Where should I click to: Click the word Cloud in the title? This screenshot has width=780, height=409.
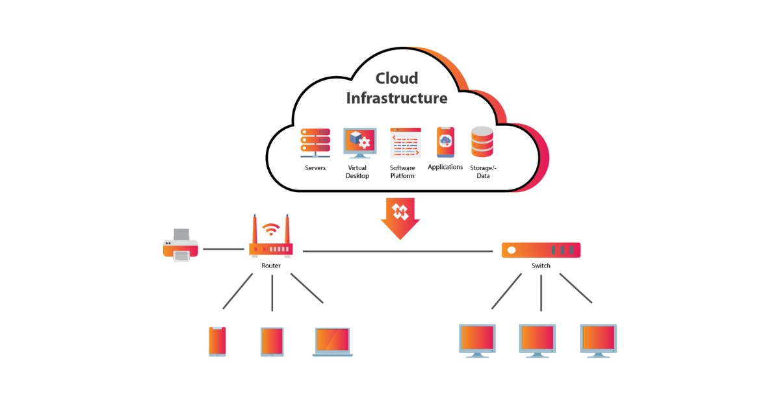[x=396, y=78]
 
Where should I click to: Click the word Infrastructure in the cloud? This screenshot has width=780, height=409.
[x=396, y=99]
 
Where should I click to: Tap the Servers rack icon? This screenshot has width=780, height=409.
[x=315, y=143]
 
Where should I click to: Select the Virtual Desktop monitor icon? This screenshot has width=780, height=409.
[x=359, y=143]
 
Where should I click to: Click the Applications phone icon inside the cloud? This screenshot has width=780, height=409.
[x=445, y=142]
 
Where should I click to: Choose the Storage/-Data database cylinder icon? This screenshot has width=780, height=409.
[x=482, y=142]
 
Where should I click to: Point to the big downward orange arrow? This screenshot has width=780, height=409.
[x=400, y=217]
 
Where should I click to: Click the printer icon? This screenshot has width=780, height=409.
[x=180, y=245]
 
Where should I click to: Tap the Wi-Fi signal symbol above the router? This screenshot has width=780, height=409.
[x=271, y=229]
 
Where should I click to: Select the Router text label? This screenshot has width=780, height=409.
[x=271, y=266]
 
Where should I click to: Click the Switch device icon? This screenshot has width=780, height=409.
[x=541, y=250]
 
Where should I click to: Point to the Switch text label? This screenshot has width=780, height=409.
[x=541, y=266]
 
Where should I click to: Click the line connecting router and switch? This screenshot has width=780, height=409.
[x=396, y=251]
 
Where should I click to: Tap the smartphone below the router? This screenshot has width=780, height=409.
[x=217, y=341]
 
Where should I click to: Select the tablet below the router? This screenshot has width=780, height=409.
[x=272, y=341]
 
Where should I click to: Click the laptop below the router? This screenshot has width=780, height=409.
[x=333, y=341]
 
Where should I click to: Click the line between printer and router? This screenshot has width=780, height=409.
[x=223, y=249]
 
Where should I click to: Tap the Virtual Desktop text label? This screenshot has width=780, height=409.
[x=357, y=172]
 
